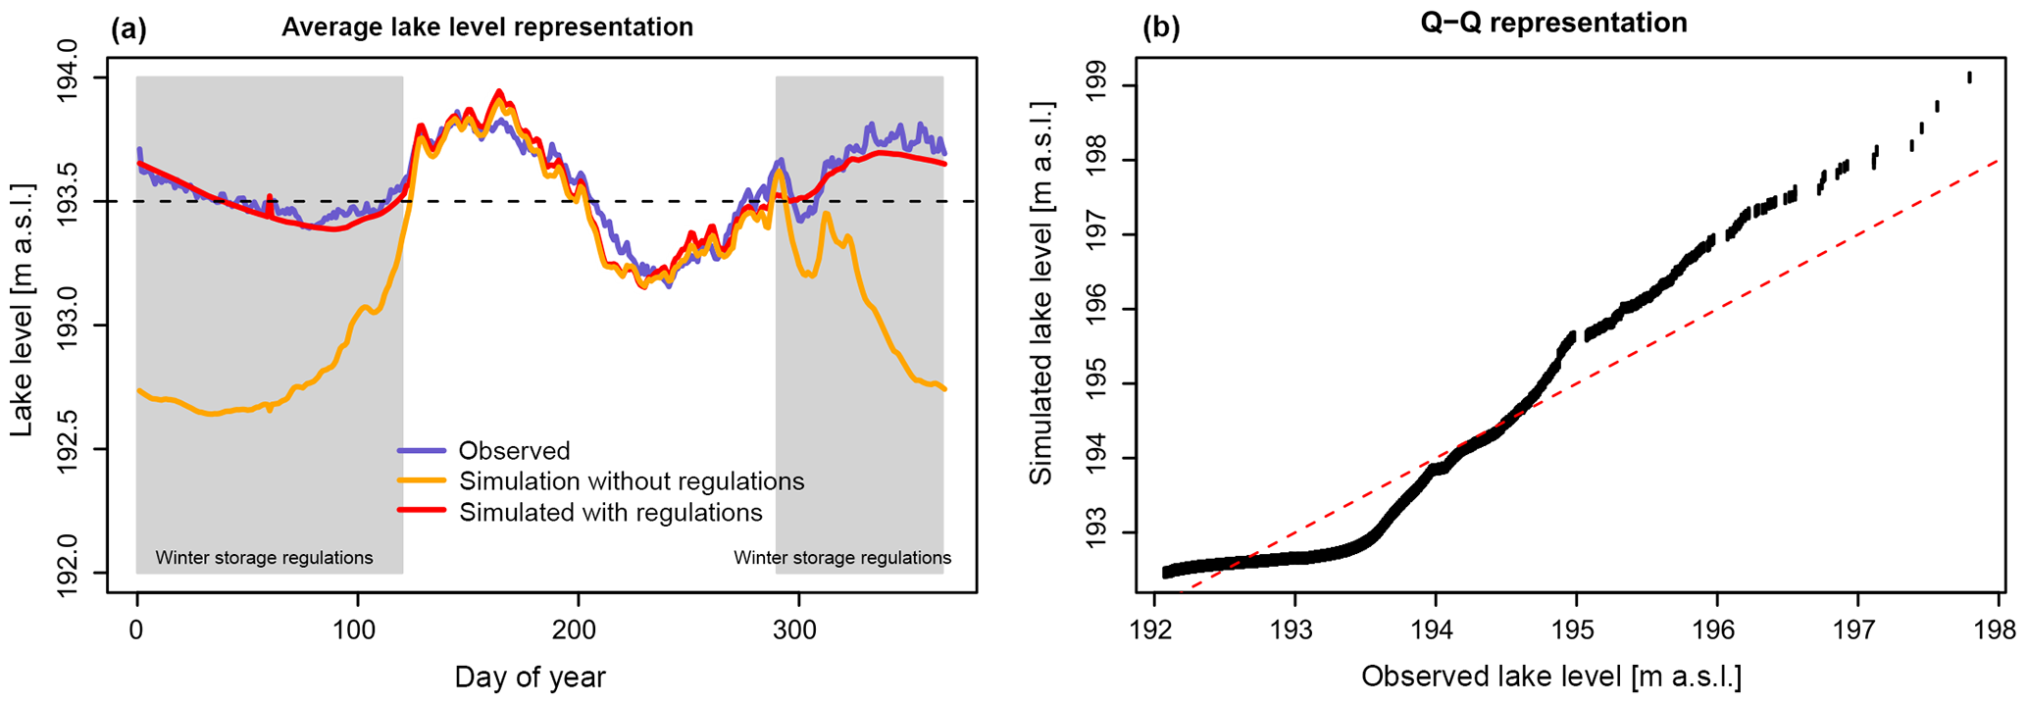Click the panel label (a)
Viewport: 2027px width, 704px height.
[128, 28]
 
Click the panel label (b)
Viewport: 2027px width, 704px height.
[1161, 26]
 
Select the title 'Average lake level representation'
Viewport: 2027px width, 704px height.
[487, 27]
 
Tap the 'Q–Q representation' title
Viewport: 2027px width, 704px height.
[1553, 24]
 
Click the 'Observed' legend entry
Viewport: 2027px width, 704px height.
[514, 451]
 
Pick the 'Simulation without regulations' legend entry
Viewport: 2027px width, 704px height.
[632, 481]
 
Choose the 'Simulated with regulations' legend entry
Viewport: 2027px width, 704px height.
[610, 513]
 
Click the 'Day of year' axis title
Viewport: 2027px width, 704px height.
[530, 678]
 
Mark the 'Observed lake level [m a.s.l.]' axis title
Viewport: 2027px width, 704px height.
[1551, 677]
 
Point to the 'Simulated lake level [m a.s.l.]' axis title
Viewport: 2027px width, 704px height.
[1041, 291]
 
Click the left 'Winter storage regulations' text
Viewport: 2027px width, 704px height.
[264, 558]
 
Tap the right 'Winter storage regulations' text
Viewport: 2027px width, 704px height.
[842, 558]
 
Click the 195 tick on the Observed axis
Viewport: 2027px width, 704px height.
[1576, 628]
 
